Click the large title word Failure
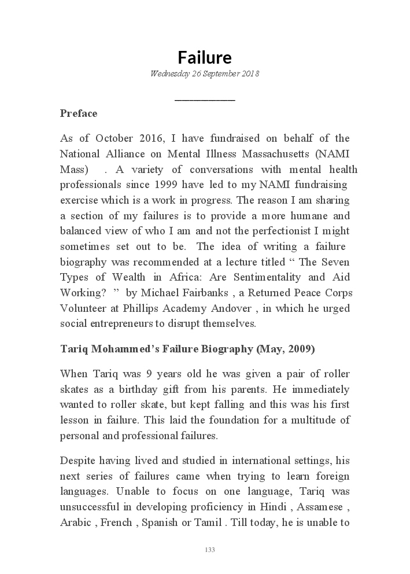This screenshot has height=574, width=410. click(x=205, y=57)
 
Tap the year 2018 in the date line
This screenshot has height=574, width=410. click(x=250, y=74)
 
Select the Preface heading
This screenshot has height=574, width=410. click(x=79, y=113)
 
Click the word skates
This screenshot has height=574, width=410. click(x=72, y=389)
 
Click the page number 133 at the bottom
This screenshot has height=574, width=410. click(x=209, y=550)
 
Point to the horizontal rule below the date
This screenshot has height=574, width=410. click(x=205, y=100)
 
